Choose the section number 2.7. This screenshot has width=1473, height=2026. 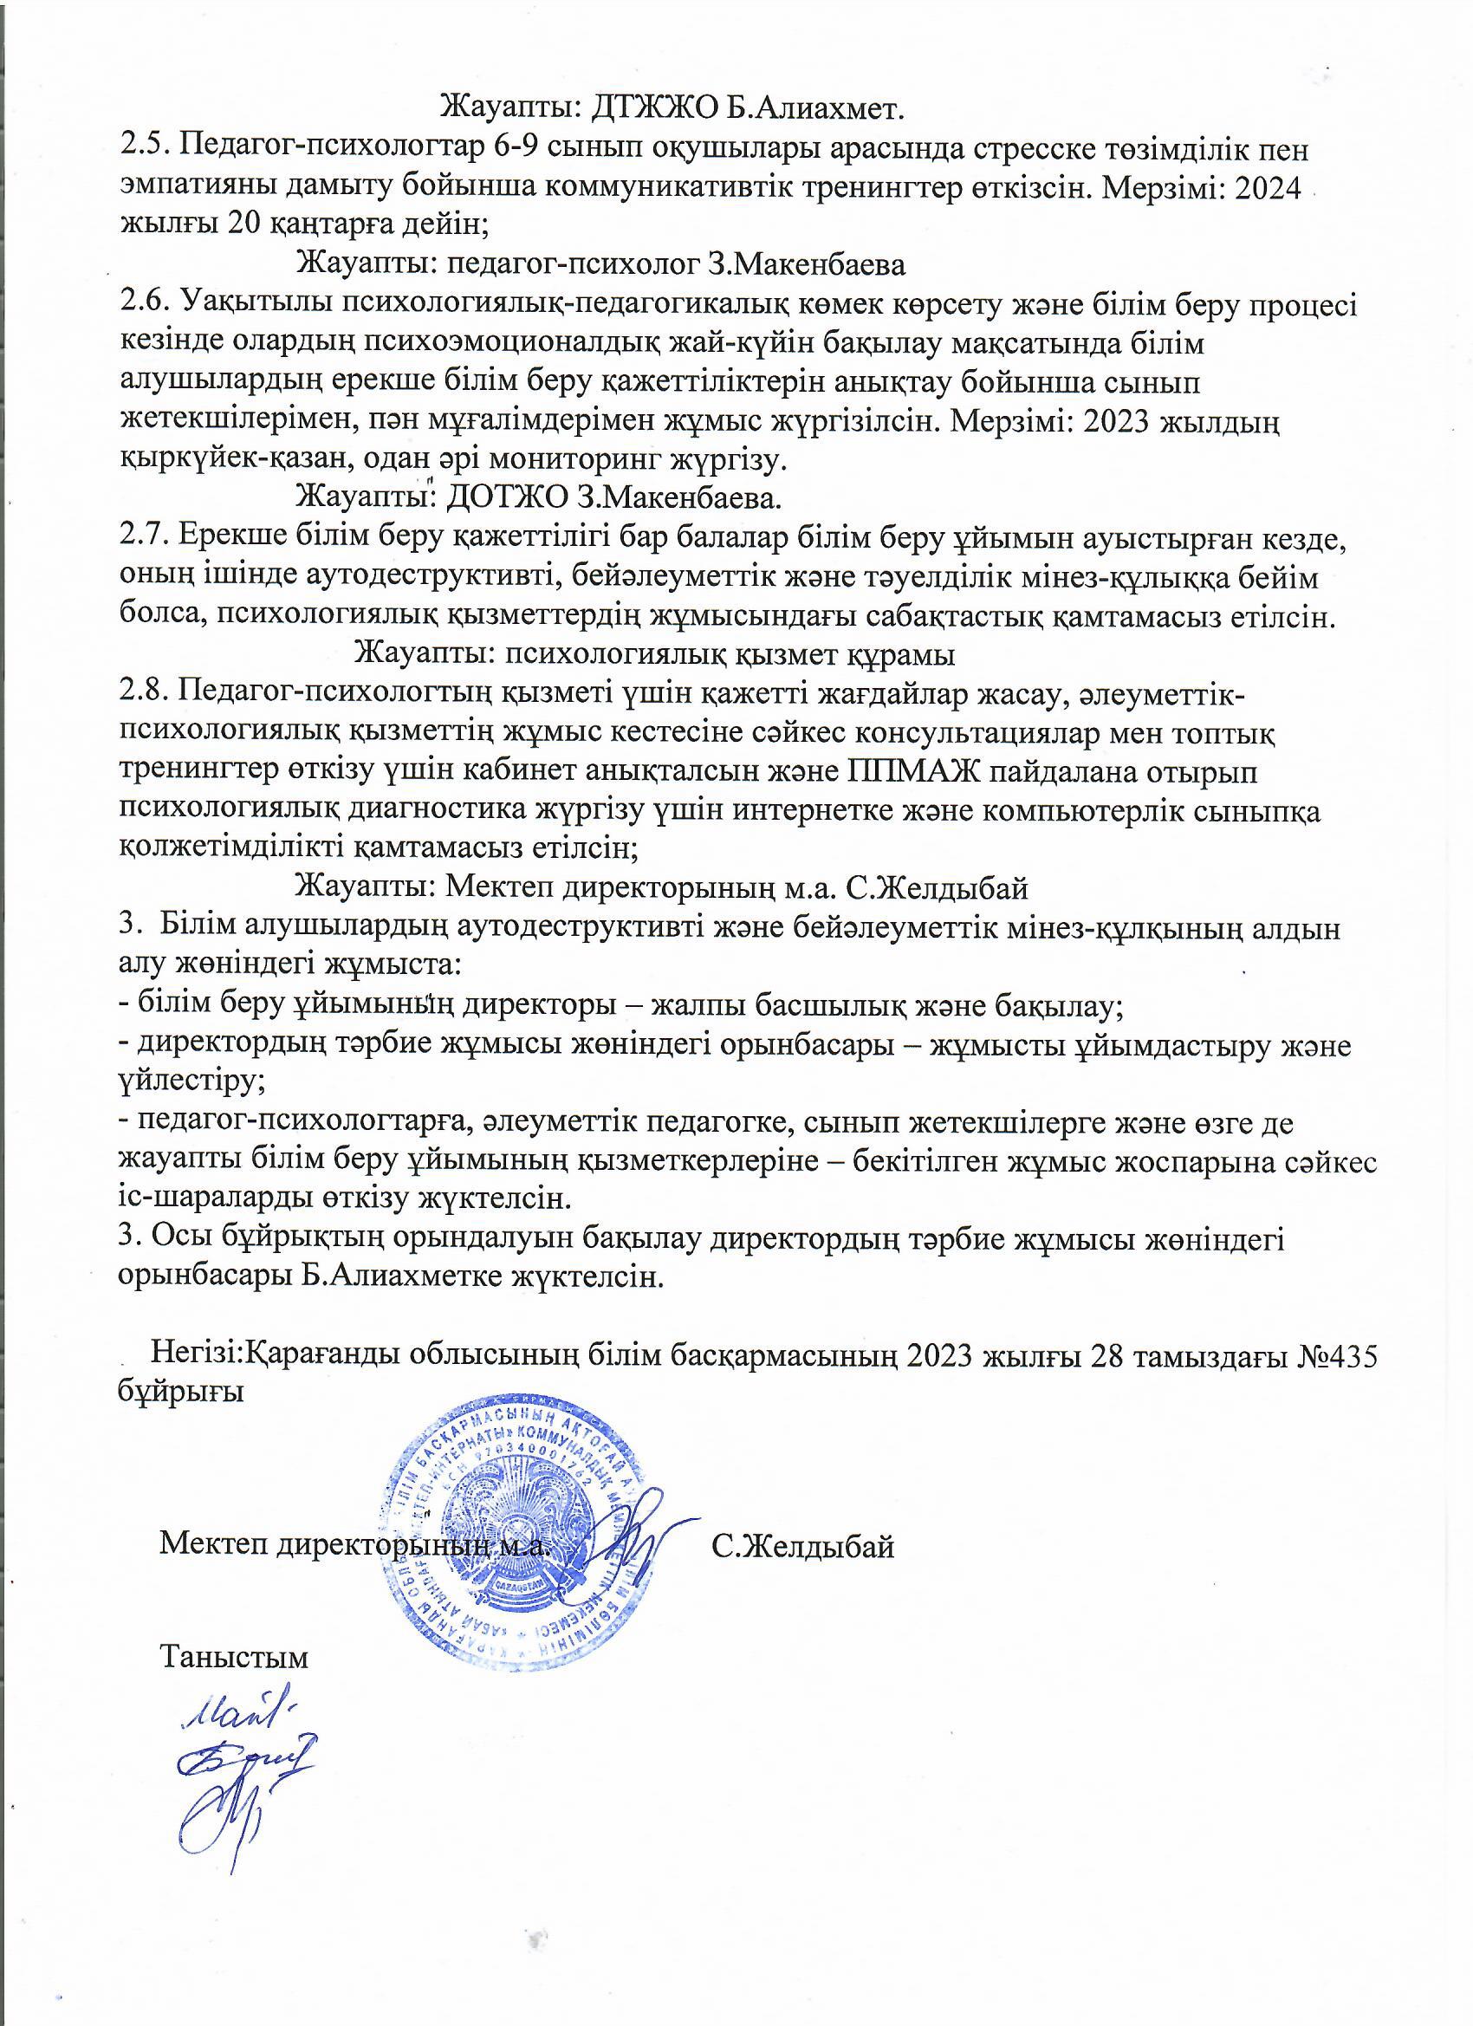click(x=144, y=538)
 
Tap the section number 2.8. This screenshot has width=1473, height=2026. click(x=144, y=692)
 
